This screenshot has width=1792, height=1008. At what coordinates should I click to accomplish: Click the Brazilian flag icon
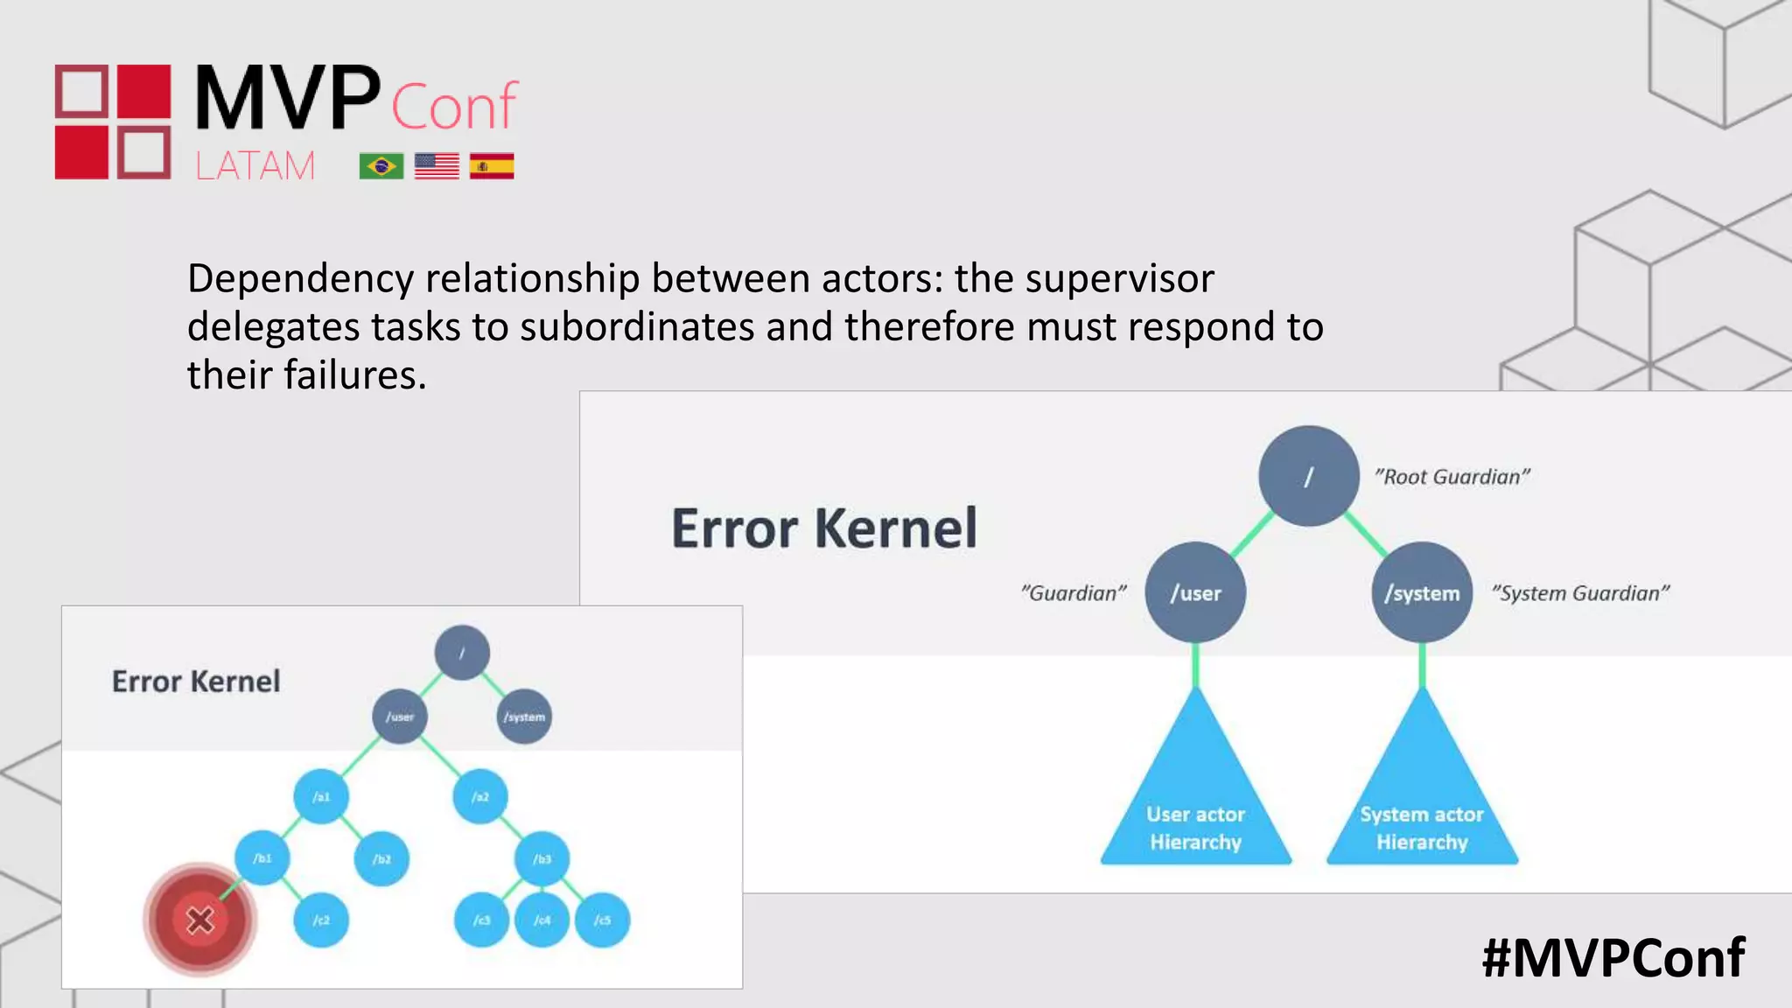pyautogui.click(x=381, y=165)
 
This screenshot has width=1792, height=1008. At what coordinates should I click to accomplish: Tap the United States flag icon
pyautogui.click(x=437, y=165)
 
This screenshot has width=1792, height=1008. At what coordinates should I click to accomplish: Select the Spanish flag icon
pyautogui.click(x=492, y=165)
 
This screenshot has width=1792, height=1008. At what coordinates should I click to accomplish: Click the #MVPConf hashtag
pyautogui.click(x=1613, y=957)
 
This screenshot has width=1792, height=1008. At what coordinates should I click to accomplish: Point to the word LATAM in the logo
pyautogui.click(x=255, y=165)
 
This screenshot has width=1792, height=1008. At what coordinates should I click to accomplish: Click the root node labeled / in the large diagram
pyautogui.click(x=1309, y=476)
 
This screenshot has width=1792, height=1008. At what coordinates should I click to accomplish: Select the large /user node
pyautogui.click(x=1195, y=592)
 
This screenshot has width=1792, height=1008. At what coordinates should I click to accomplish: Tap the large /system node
pyautogui.click(x=1422, y=592)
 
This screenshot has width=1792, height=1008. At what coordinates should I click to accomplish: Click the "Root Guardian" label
pyautogui.click(x=1452, y=477)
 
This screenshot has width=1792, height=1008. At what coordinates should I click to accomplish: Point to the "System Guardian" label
pyautogui.click(x=1580, y=593)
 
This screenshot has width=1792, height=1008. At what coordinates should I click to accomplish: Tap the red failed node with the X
pyautogui.click(x=200, y=920)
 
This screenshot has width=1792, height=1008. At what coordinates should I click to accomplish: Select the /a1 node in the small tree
pyautogui.click(x=321, y=796)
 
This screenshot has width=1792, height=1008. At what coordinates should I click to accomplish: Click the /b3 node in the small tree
pyautogui.click(x=542, y=858)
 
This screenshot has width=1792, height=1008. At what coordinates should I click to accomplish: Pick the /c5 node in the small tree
pyautogui.click(x=603, y=920)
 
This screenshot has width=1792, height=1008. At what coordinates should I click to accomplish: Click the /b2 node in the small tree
pyautogui.click(x=381, y=858)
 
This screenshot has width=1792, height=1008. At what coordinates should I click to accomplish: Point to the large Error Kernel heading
pyautogui.click(x=824, y=528)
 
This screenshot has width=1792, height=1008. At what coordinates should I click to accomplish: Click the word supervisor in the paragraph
pyautogui.click(x=1119, y=279)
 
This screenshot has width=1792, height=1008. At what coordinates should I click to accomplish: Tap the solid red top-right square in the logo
pyautogui.click(x=144, y=91)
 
